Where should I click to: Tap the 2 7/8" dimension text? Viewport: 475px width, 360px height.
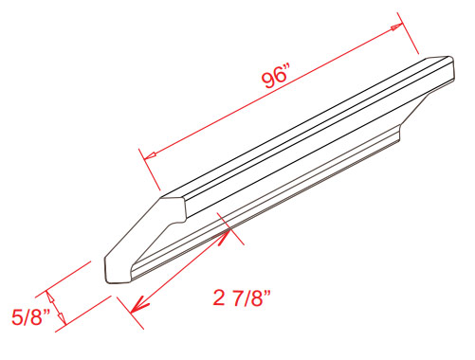tap(242, 297)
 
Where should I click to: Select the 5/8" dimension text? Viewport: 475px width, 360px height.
tap(30, 316)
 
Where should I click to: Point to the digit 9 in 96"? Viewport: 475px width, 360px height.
tap(267, 80)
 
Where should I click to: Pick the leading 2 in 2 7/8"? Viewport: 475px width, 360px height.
tap(218, 297)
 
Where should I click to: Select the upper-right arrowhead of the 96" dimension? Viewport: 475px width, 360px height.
tap(396, 27)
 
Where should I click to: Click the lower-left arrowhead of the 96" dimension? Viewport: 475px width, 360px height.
tap(150, 155)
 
